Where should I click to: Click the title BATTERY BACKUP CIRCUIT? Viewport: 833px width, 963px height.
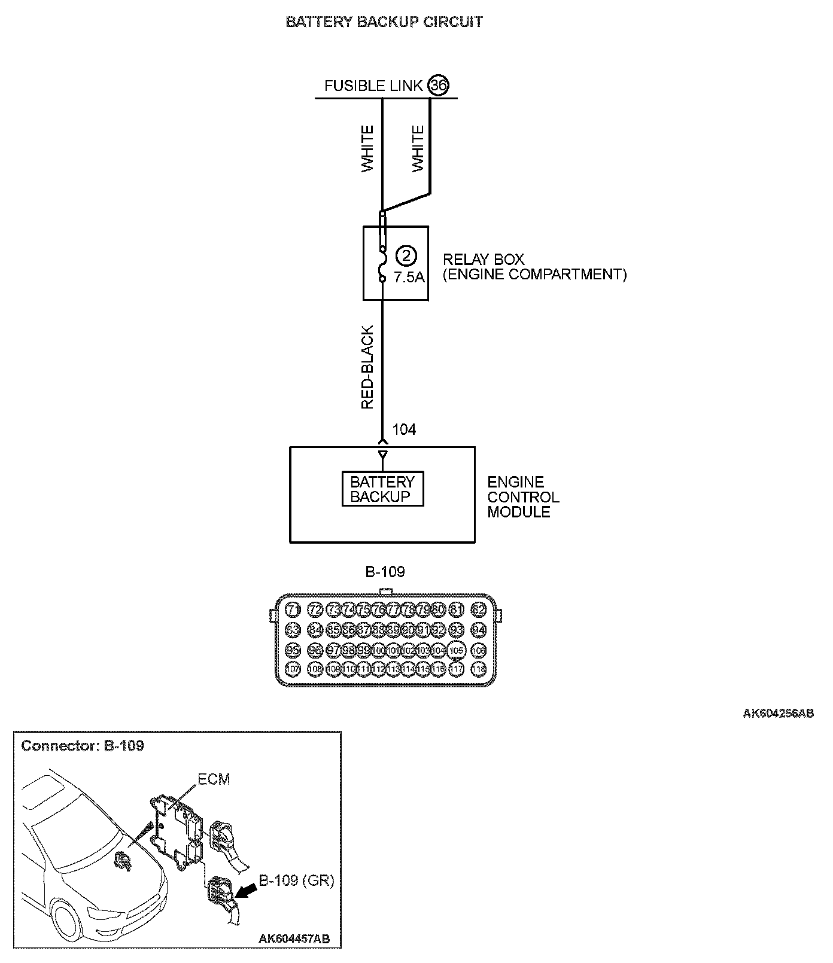[384, 22]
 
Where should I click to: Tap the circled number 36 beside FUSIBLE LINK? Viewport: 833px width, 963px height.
[438, 86]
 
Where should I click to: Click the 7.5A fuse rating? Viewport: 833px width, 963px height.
[409, 277]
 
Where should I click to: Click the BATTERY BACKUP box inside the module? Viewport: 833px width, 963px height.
[382, 489]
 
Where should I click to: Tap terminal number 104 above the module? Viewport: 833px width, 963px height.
[404, 429]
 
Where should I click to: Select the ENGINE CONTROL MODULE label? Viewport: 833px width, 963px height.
[523, 497]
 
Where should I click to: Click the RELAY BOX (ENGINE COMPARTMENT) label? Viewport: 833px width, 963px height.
[534, 267]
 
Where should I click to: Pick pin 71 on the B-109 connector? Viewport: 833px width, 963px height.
[293, 610]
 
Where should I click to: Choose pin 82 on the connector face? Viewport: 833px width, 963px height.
[479, 610]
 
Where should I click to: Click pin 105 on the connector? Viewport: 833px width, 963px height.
[457, 650]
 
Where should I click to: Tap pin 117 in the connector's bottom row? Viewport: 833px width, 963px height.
[457, 669]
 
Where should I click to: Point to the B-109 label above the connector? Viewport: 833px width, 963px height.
[385, 572]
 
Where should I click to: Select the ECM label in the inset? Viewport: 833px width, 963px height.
[214, 779]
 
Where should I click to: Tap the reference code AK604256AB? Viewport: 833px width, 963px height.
[778, 713]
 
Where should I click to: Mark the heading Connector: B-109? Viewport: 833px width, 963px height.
[83, 746]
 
